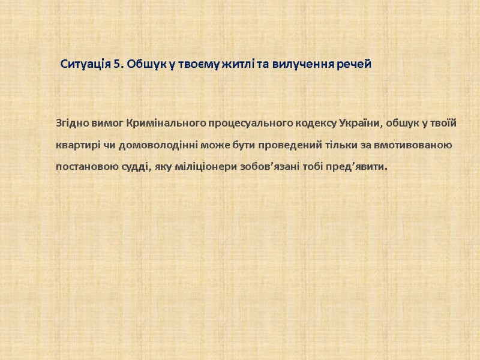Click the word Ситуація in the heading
[x=86, y=64]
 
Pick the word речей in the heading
[x=354, y=64]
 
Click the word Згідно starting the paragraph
[x=72, y=124]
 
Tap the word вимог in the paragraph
[x=108, y=124]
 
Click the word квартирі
[x=76, y=145]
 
